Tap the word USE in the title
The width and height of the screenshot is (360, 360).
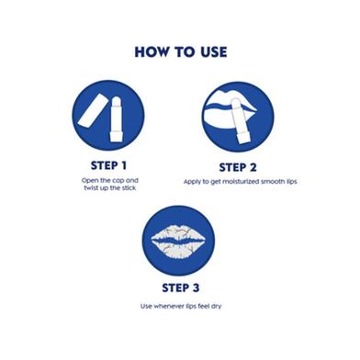tap(214, 52)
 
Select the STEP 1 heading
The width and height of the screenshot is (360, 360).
tap(108, 165)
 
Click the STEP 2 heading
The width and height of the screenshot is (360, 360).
tap(238, 167)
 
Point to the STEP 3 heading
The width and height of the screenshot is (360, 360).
tap(181, 287)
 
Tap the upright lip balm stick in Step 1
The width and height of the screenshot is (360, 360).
tap(116, 119)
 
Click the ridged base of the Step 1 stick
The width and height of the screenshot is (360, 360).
tap(116, 137)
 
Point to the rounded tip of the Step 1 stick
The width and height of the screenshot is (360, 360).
tap(117, 100)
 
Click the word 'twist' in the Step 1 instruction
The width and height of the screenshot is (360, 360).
tap(91, 188)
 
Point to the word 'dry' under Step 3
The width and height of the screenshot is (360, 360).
tap(216, 307)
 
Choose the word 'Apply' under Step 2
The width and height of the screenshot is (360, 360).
tap(192, 182)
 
